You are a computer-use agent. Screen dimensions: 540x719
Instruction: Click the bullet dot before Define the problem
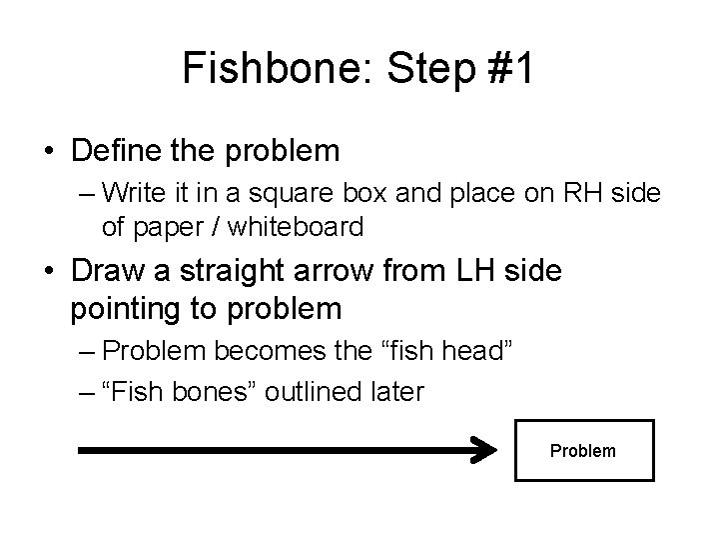[x=49, y=153]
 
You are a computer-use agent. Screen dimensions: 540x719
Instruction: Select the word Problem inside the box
[x=583, y=451]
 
